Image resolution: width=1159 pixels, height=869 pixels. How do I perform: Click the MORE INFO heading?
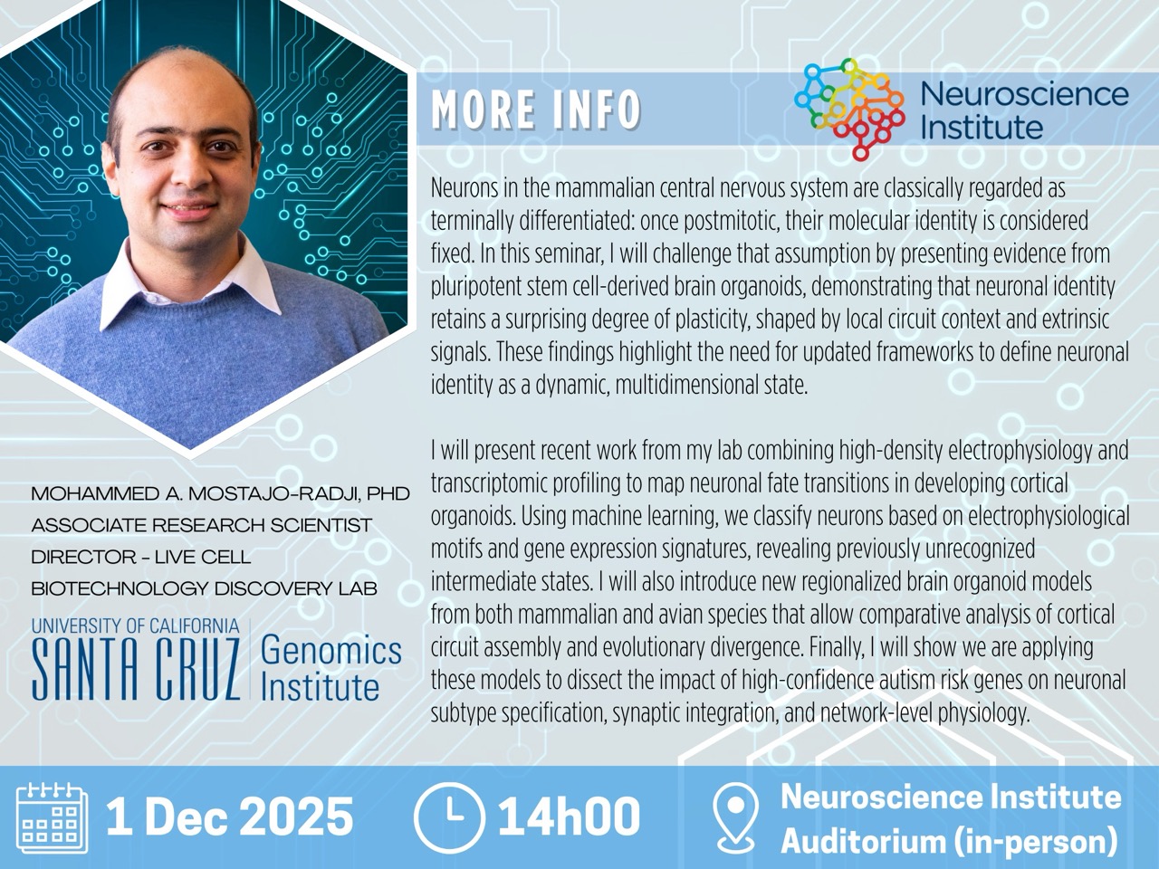click(536, 110)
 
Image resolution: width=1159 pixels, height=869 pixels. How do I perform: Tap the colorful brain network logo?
click(849, 107)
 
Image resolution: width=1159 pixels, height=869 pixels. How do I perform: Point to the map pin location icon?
click(735, 817)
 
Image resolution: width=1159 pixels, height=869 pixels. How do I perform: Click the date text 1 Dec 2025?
click(229, 816)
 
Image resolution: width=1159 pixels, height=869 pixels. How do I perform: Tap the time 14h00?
click(569, 816)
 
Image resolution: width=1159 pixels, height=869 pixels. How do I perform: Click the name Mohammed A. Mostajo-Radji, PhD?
click(220, 494)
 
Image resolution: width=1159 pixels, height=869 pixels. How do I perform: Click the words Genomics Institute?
click(330, 668)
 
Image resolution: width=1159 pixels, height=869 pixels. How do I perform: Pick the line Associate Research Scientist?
click(201, 525)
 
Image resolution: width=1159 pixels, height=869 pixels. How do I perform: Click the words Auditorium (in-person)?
click(949, 841)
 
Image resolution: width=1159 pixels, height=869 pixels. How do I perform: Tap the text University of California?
click(136, 625)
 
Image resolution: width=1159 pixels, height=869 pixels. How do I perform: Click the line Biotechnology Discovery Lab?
click(204, 588)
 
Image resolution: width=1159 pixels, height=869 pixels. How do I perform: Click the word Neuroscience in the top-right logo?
click(1024, 94)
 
